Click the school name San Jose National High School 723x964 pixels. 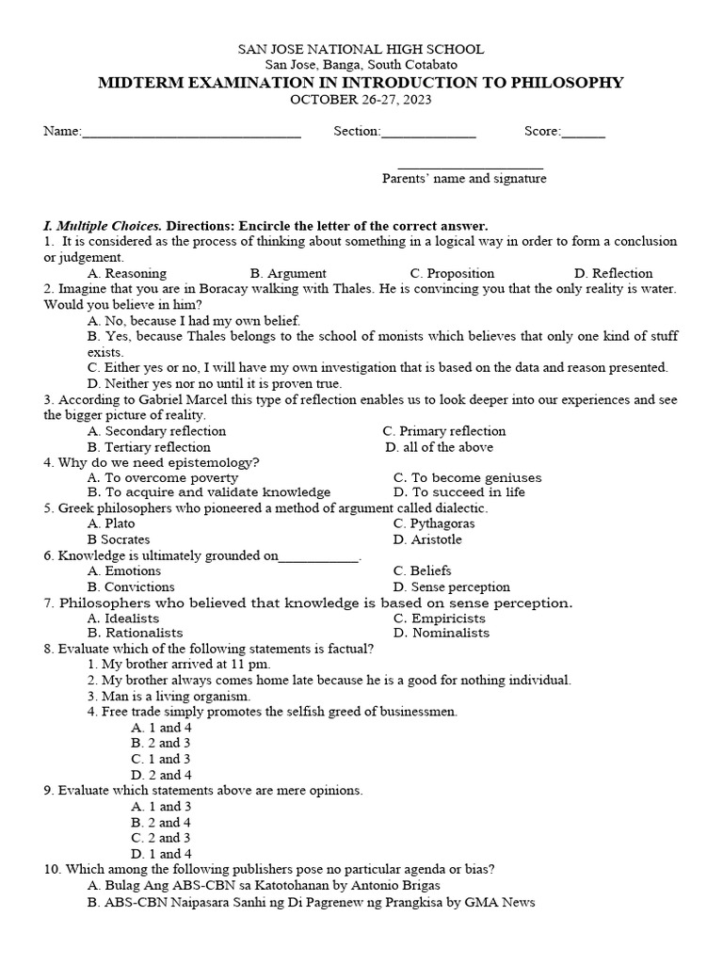coord(361,49)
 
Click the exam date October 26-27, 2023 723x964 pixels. coord(361,100)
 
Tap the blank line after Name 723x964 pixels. coord(192,133)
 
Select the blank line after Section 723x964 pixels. coord(428,133)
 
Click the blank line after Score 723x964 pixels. coord(584,133)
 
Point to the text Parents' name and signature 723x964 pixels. coord(463,179)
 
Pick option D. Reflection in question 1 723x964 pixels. coord(613,273)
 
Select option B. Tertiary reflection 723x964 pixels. coord(149,447)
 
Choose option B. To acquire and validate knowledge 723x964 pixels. coord(209,492)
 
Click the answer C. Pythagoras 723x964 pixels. coord(434,523)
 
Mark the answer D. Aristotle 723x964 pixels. coord(427,539)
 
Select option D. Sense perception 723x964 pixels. coord(452,586)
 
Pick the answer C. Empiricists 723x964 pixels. coord(440,619)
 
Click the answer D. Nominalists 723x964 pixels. coord(442,634)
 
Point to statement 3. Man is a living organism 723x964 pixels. coord(169,697)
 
